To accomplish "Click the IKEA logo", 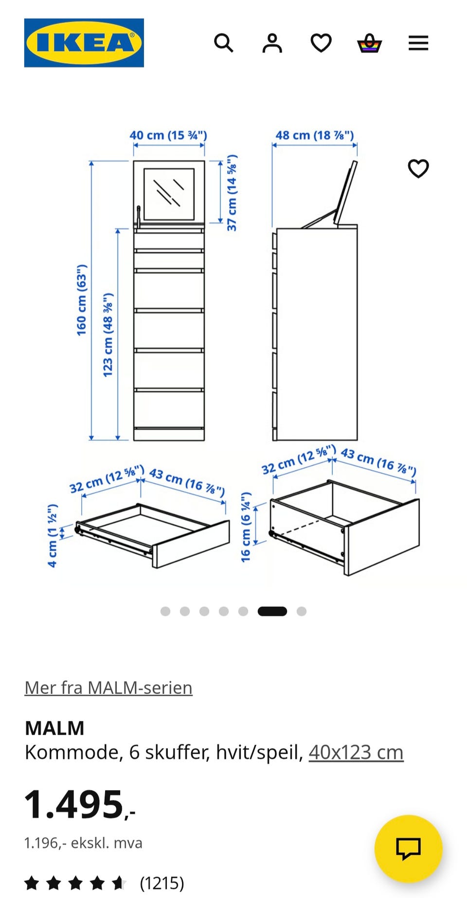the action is (84, 43).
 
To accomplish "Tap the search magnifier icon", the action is (224, 43).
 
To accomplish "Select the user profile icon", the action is (272, 43).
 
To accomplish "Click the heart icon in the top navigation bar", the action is (321, 43).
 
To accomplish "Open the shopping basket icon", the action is (370, 43).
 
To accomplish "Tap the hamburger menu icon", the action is (418, 43).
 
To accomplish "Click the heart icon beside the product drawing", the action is (418, 169).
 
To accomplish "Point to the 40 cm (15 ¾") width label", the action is (168, 135).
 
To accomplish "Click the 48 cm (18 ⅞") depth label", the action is (315, 135).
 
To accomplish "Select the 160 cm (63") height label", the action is (81, 300).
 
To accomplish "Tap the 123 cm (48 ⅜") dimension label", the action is (108, 335).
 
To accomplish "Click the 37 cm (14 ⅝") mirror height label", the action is (232, 193).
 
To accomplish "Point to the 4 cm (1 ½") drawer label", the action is (52, 535).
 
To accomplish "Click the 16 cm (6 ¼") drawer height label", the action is (246, 527).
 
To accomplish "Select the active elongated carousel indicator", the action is (272, 611).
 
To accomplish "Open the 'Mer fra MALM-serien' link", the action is (108, 687).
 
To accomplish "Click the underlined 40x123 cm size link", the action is (356, 752).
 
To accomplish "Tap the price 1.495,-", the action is (80, 805).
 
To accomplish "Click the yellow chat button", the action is (409, 849).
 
